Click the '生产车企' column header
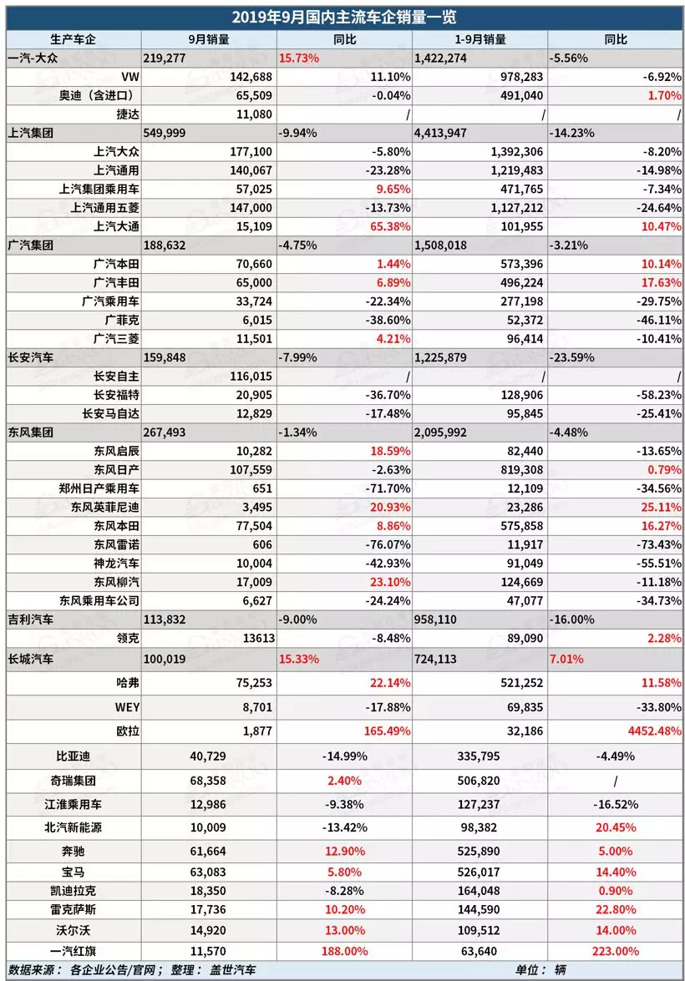click(x=74, y=39)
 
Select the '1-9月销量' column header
click(x=479, y=39)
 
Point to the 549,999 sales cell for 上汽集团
click(x=170, y=132)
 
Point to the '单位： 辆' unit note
click(x=540, y=970)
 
